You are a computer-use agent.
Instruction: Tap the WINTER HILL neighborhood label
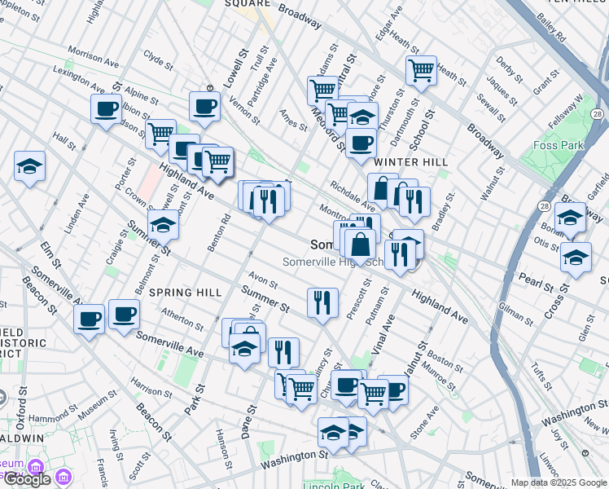click(x=411, y=162)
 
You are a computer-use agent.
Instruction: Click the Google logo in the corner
click(x=26, y=479)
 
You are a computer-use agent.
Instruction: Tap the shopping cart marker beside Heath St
click(x=421, y=71)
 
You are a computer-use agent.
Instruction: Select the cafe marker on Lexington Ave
click(x=106, y=109)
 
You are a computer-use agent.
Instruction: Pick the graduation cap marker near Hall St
click(x=29, y=167)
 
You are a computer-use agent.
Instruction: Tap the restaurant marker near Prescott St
click(x=322, y=302)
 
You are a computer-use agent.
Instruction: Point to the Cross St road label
click(x=556, y=302)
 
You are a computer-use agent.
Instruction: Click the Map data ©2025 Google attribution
click(x=558, y=482)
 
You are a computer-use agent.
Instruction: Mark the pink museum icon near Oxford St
click(x=34, y=468)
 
